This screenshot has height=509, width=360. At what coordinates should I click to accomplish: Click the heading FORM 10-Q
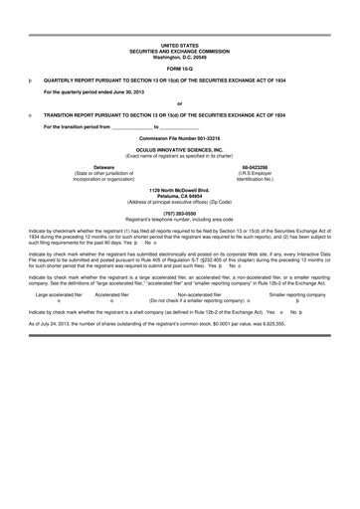point(179,66)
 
